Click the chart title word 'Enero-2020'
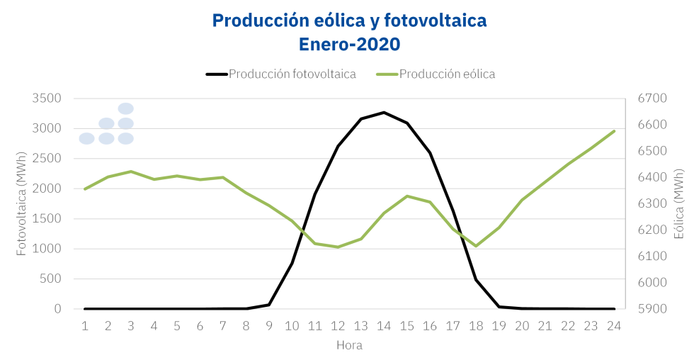(x=350, y=45)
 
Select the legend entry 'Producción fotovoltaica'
(x=292, y=74)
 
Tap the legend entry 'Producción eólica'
(x=446, y=74)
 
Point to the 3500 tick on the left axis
(x=47, y=99)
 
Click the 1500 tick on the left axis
(x=47, y=219)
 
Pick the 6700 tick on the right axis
(x=652, y=99)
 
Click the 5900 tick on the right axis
(x=652, y=309)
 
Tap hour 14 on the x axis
(x=384, y=326)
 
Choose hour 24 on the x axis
(x=614, y=326)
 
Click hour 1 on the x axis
(x=85, y=326)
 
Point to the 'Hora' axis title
(x=349, y=346)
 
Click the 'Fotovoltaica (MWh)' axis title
(x=21, y=203)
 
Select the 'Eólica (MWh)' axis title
(x=679, y=203)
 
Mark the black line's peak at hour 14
(x=384, y=112)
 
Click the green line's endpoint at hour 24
(x=614, y=131)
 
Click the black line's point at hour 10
(x=292, y=263)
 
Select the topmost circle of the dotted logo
(x=126, y=108)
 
